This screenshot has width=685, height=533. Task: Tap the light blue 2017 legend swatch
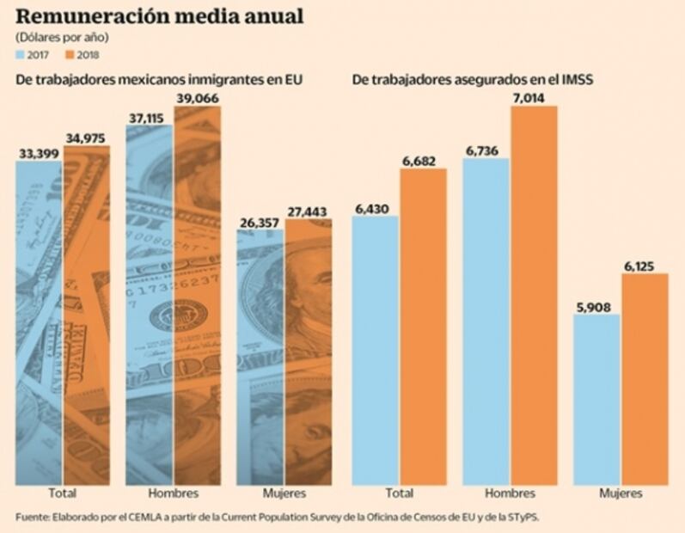[21, 55]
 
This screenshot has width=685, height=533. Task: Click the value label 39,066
[197, 99]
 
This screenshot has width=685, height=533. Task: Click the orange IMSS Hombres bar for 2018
[534, 292]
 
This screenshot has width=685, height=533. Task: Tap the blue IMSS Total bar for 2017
[376, 348]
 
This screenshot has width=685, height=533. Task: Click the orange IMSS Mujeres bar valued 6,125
[644, 378]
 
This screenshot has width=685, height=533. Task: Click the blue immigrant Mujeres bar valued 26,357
[260, 352]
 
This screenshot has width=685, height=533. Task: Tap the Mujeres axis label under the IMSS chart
[621, 493]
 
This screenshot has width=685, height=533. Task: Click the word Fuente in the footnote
[32, 517]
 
